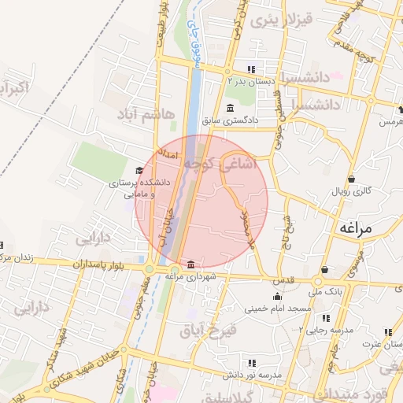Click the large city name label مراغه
pos(360,228)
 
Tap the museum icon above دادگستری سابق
pos(229,109)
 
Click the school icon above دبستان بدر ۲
pos(251,68)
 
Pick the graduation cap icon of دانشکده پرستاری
pos(139,170)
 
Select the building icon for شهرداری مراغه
pos(192,263)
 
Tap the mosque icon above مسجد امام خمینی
pos(277,296)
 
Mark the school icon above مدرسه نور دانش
pos(251,363)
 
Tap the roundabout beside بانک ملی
pos(320,281)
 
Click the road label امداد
pos(169,153)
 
